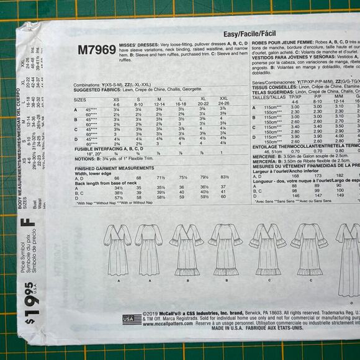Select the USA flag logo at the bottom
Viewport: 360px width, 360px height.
132,319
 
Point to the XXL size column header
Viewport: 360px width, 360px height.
223,98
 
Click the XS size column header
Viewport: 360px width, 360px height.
115,98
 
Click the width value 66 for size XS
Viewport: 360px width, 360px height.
115,178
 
